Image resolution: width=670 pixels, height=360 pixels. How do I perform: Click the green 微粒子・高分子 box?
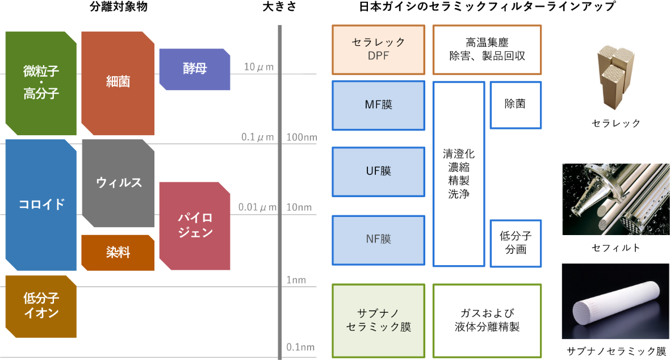41,83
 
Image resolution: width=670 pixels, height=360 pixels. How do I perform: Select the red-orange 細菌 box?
118,83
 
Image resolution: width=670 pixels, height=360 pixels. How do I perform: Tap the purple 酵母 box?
195,69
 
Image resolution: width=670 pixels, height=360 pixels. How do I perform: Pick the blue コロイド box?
41,205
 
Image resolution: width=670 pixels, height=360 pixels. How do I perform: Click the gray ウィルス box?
118,183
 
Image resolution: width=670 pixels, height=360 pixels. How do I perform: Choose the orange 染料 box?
118,253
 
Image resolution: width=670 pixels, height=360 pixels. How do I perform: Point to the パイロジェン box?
195,225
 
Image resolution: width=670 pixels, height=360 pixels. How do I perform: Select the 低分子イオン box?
41,306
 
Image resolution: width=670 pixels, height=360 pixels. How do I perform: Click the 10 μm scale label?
259,67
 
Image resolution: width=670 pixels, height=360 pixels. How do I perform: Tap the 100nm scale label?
301,137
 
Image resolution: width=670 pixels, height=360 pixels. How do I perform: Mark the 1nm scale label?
296,280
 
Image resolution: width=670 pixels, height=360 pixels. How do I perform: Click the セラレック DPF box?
378,49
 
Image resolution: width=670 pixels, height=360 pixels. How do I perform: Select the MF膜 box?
378,106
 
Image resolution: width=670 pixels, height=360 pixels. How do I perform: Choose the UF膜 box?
378,171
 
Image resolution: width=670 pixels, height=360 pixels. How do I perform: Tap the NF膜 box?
378,240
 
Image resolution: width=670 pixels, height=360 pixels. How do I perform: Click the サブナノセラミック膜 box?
378,321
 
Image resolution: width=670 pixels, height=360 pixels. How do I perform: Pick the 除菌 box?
515,104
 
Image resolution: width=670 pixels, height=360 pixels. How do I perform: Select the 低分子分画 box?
515,243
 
